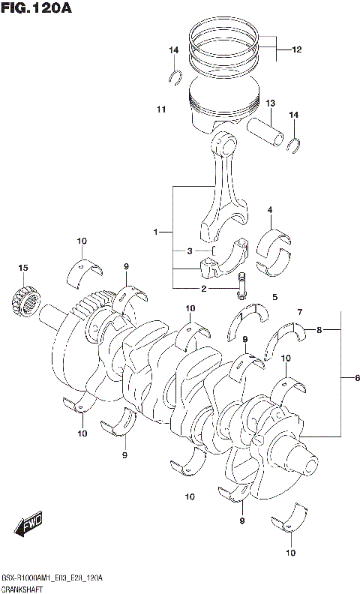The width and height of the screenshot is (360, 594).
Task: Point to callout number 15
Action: click(23, 267)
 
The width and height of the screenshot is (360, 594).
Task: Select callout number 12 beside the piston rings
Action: click(297, 50)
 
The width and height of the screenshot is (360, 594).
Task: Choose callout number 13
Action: click(271, 103)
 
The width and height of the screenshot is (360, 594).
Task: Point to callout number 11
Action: click(160, 110)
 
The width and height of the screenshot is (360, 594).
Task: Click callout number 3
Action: click(190, 250)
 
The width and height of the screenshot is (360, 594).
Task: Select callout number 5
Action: click(275, 297)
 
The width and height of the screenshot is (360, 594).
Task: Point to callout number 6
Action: click(347, 378)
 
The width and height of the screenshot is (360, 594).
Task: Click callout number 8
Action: click(319, 329)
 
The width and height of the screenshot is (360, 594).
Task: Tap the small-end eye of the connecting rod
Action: click(226, 139)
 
